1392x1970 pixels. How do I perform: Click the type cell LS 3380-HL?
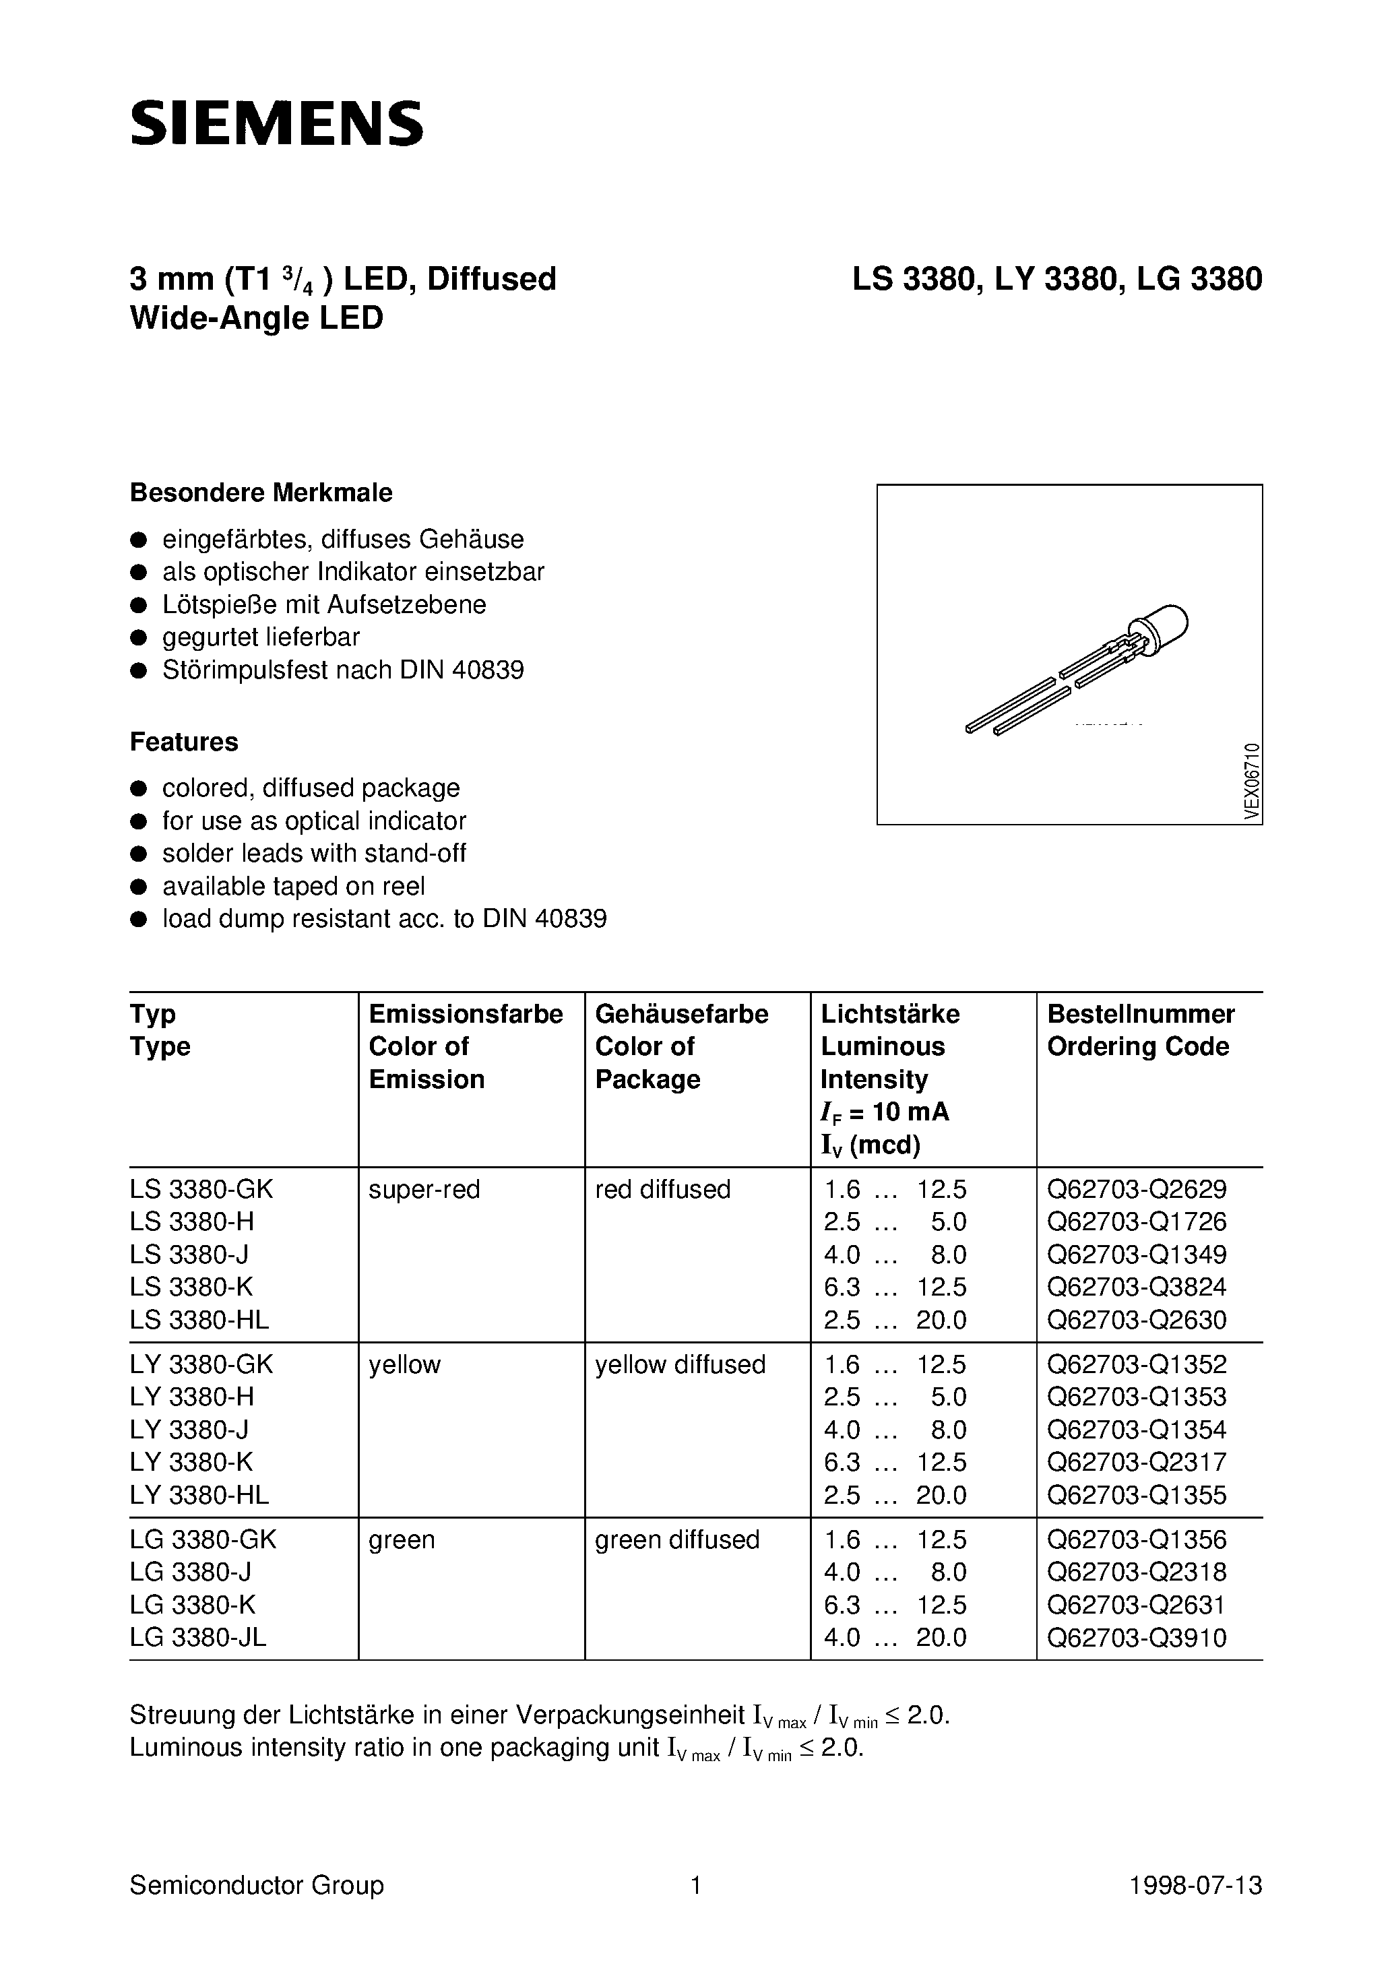(x=199, y=1320)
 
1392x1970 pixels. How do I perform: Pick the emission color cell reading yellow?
(x=404, y=1364)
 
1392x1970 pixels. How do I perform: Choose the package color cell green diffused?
(x=677, y=1539)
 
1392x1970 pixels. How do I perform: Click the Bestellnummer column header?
(x=1141, y=1014)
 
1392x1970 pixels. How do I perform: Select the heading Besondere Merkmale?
(x=261, y=492)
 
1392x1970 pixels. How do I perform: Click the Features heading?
(x=184, y=741)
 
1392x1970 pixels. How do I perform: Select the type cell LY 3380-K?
(x=191, y=1462)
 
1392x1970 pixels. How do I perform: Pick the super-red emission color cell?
(x=424, y=1189)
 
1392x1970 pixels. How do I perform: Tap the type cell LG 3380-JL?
(x=198, y=1637)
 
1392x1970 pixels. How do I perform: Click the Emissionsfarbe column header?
(x=465, y=1014)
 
